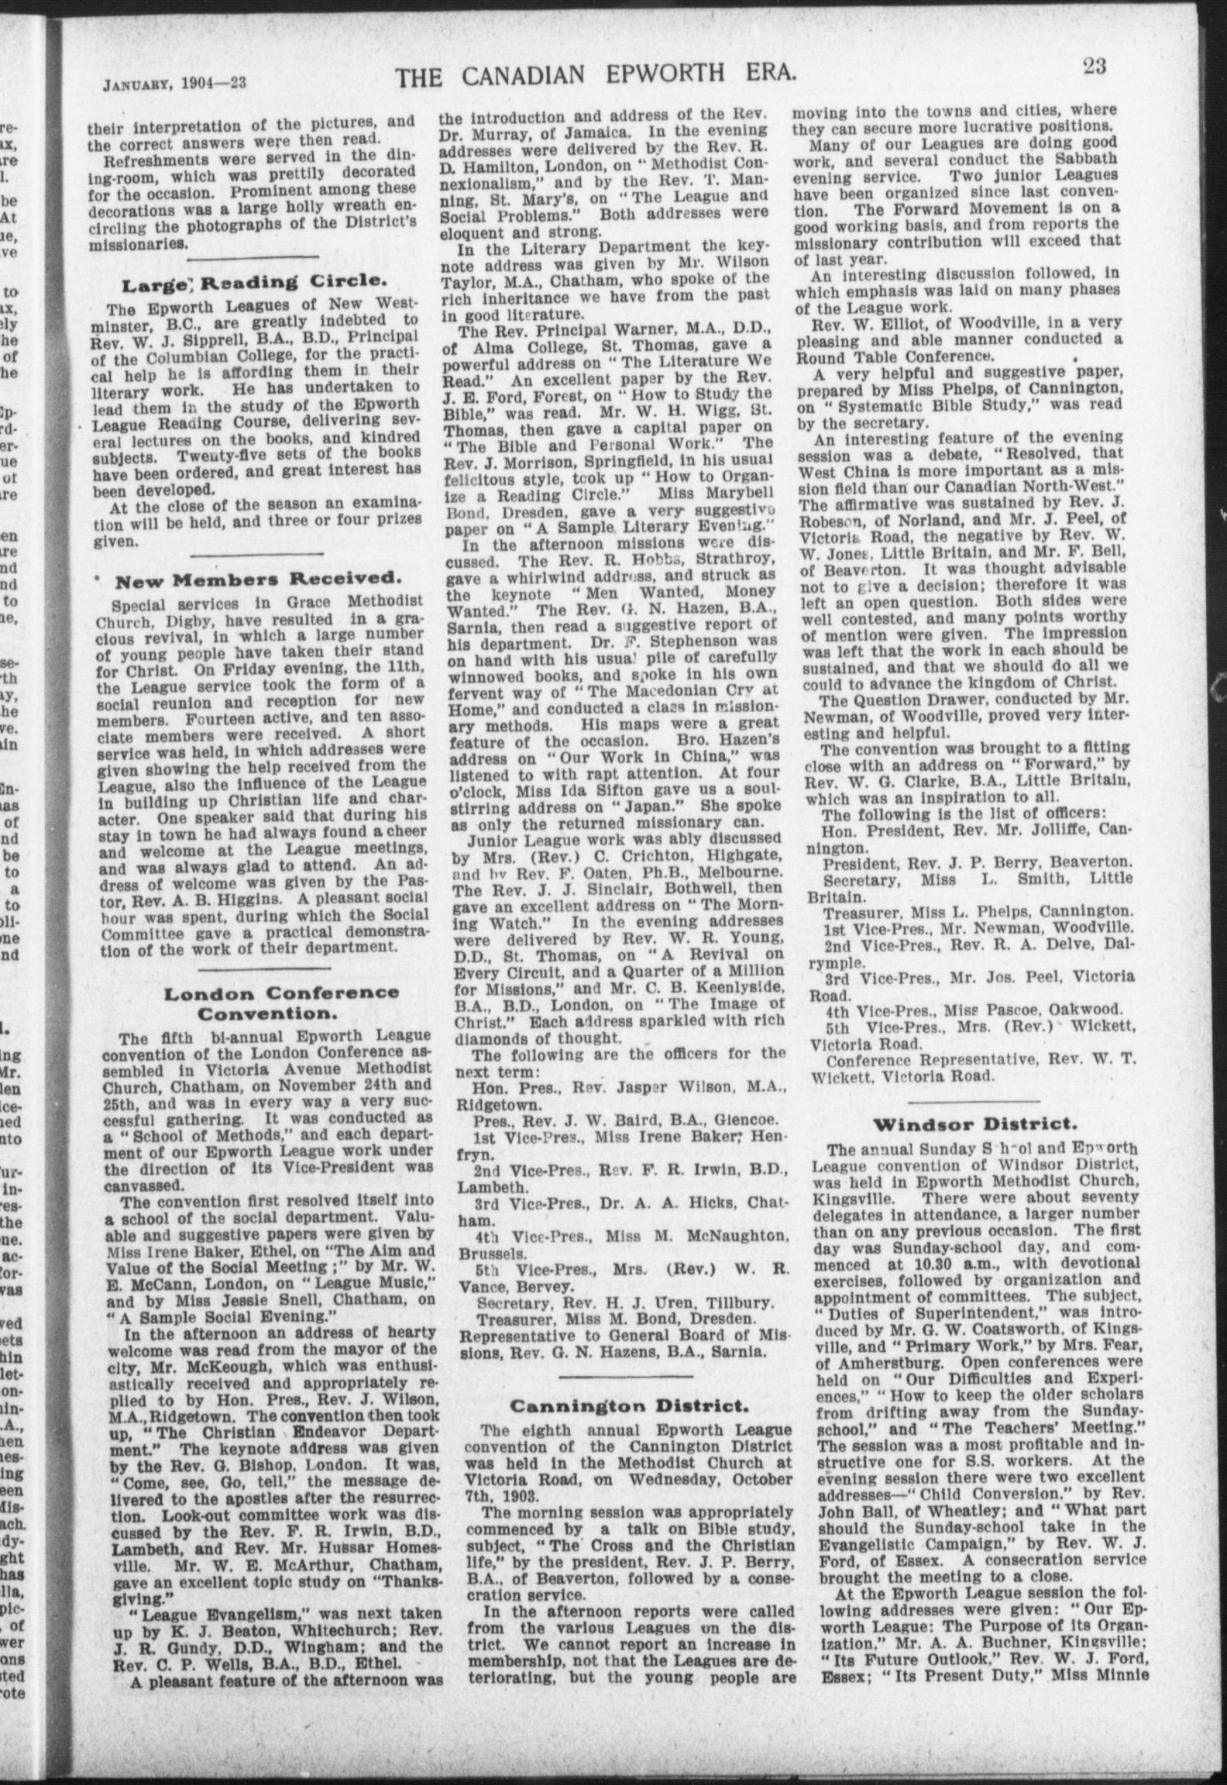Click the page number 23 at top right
pos(1094,67)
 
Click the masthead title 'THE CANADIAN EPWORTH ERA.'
pos(596,75)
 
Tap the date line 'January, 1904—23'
pos(174,83)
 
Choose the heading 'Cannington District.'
pos(628,1405)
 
